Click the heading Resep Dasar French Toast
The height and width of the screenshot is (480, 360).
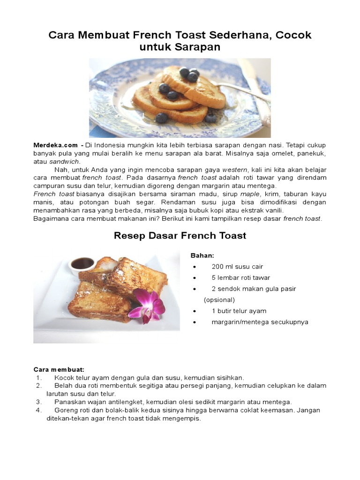coord(180,236)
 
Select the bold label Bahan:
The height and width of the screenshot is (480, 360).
coord(202,255)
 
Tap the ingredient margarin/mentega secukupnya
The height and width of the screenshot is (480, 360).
coord(260,322)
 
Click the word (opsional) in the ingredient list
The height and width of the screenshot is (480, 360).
coord(219,300)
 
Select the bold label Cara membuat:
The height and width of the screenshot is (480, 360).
coord(59,369)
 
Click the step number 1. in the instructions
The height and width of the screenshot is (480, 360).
coord(39,377)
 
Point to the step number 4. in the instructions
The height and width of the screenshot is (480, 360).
coord(39,410)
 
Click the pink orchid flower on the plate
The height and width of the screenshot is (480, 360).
coord(148,305)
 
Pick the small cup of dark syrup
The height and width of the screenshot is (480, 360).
coord(82,264)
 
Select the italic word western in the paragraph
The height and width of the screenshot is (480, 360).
coord(234,169)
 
